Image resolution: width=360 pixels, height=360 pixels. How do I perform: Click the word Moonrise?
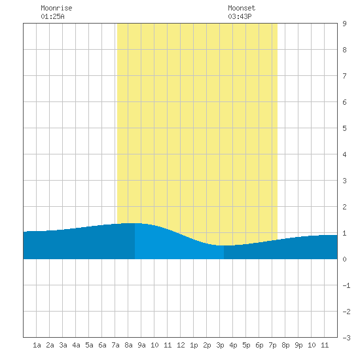point(56,8)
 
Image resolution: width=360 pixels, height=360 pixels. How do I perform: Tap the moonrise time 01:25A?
point(52,16)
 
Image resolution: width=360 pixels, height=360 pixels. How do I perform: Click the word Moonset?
point(242,8)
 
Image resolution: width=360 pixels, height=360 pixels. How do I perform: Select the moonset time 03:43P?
point(240,16)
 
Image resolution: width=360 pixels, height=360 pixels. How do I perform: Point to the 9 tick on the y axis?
point(344,24)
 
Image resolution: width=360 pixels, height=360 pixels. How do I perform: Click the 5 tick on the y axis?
point(344,128)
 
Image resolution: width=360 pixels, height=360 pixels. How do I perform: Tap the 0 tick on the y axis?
point(344,259)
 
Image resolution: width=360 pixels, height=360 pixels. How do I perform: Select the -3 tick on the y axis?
point(346,338)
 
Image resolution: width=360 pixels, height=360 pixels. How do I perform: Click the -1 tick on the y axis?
point(346,285)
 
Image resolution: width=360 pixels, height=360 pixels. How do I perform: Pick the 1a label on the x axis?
point(37,345)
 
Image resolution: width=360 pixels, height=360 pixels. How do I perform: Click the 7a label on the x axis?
point(115,345)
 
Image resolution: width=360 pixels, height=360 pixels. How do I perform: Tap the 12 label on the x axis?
point(181,345)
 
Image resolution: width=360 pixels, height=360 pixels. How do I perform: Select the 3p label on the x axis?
point(220,345)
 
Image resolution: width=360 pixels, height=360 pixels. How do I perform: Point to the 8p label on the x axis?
point(285,345)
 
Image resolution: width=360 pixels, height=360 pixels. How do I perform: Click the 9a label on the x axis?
point(141,345)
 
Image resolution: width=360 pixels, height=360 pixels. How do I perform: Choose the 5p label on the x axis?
point(246,345)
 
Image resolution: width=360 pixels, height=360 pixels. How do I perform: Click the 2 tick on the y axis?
point(344,207)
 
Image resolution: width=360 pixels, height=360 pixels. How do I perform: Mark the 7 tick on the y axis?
point(344,76)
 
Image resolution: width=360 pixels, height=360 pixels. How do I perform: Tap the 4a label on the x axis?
point(76,345)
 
